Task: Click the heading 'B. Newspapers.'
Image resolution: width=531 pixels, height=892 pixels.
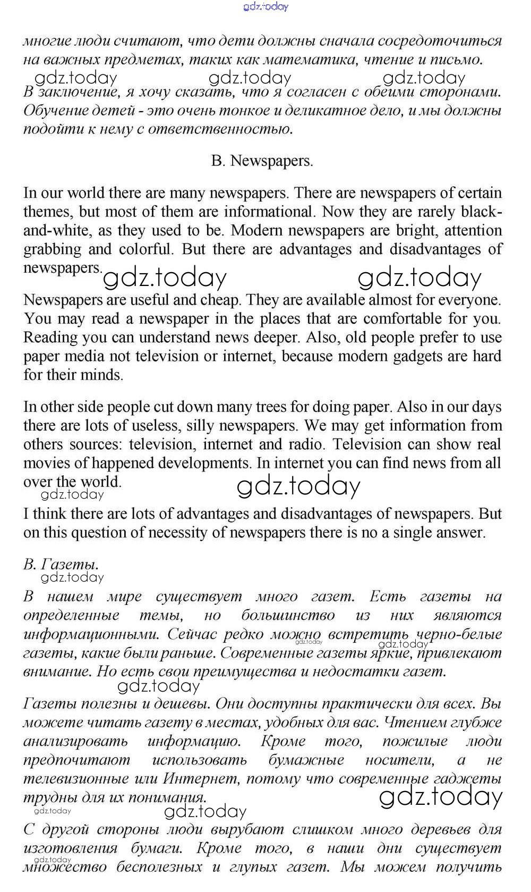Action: point(262,161)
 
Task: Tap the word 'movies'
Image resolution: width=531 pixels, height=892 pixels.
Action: point(46,463)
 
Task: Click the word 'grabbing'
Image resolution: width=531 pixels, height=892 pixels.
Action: point(51,249)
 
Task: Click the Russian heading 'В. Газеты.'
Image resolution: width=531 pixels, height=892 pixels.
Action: point(61,564)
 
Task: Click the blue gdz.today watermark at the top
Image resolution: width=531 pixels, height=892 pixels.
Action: point(265,6)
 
